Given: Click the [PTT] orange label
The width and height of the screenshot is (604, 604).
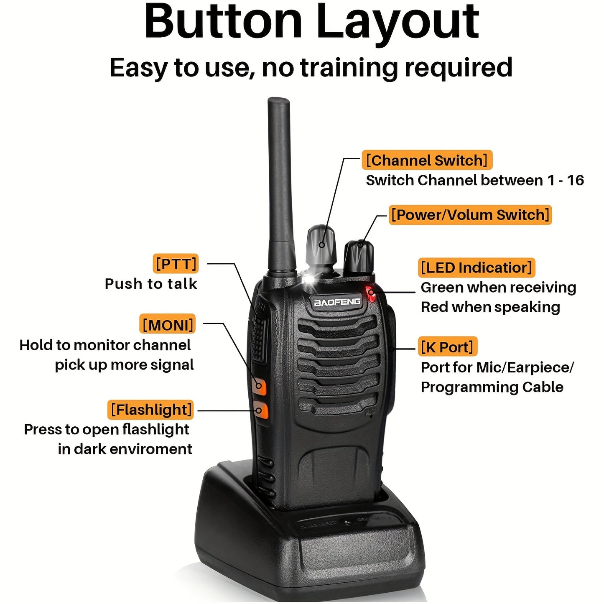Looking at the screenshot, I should (176, 264).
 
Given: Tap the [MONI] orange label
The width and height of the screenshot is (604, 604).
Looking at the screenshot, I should (168, 324).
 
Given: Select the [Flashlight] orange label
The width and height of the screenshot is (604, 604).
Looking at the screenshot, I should (151, 410).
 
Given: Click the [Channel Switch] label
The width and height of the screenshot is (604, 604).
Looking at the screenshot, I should (427, 161).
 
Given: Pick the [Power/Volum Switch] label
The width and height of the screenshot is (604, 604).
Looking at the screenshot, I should (470, 215).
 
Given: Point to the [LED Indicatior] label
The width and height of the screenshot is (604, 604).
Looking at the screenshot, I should (476, 268).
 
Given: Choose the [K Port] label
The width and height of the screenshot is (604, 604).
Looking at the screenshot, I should (447, 347).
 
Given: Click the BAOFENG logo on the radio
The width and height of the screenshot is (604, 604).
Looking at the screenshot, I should (337, 302).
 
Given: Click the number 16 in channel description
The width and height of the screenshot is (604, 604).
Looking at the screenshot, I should (575, 180).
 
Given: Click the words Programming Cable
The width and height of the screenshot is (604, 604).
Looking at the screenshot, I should (492, 387).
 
